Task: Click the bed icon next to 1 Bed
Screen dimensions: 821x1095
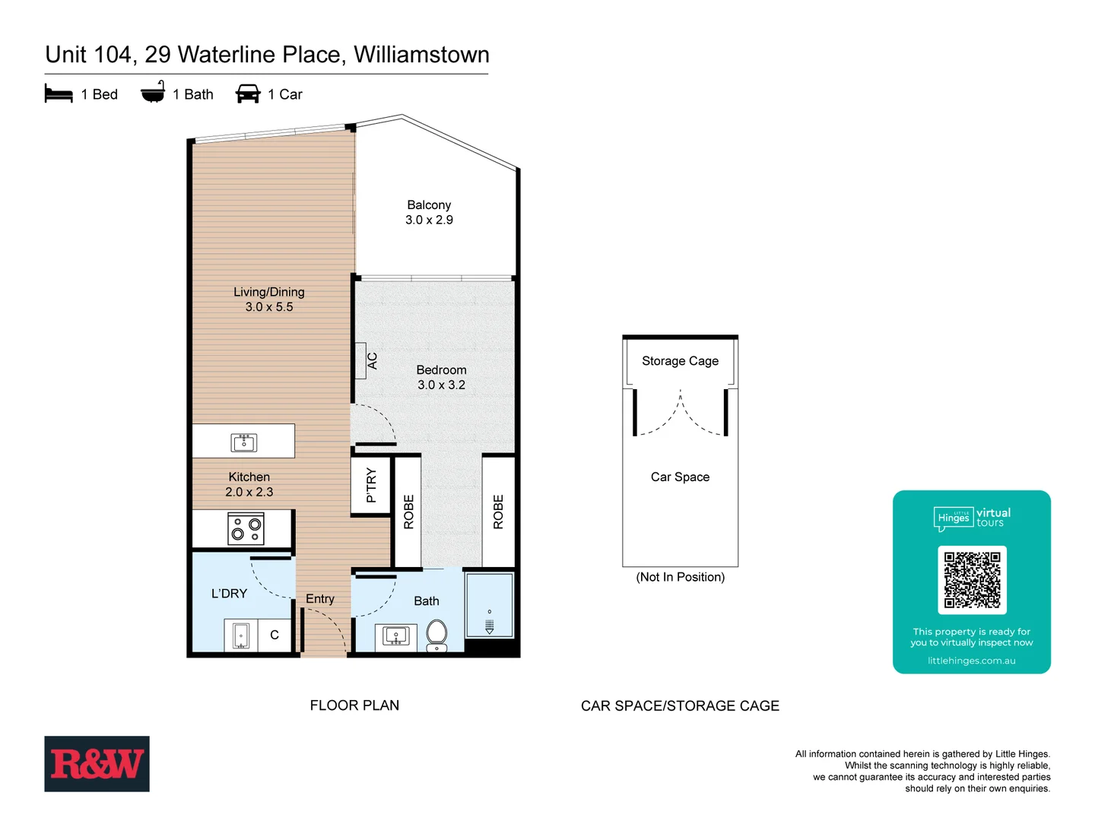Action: [x=59, y=94]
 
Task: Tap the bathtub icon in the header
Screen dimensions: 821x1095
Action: [x=153, y=93]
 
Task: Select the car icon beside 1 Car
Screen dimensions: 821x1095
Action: [x=248, y=94]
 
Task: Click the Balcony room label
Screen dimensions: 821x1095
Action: [x=429, y=205]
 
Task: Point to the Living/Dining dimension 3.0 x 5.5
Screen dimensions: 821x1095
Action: [x=268, y=307]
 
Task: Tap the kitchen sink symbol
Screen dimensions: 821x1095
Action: [x=243, y=442]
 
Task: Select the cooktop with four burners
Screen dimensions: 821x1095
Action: [x=246, y=528]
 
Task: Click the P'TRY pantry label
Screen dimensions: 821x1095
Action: [x=371, y=485]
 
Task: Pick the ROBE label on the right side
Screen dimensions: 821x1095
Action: [x=498, y=512]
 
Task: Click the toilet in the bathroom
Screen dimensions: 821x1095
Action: [x=436, y=634]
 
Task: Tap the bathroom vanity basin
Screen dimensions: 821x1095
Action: [x=395, y=636]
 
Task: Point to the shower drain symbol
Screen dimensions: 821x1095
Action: [x=489, y=626]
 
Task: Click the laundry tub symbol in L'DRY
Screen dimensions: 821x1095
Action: [x=241, y=635]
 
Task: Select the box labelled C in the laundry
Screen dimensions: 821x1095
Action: [x=275, y=635]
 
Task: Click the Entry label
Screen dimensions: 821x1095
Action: [x=319, y=599]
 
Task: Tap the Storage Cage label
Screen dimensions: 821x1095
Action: [x=680, y=361]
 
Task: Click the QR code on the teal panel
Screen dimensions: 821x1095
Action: [x=972, y=579]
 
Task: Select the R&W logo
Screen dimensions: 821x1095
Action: [x=97, y=763]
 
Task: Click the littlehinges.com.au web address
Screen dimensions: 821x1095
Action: [x=971, y=661]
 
